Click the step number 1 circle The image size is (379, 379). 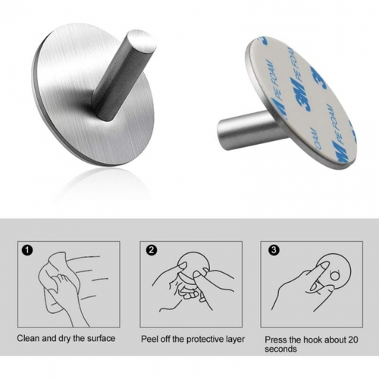(x=29, y=249)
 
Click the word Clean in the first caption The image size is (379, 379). (x=29, y=338)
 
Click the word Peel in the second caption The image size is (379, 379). (x=151, y=338)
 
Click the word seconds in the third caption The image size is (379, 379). (x=280, y=349)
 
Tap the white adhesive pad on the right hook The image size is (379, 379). (x=299, y=99)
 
